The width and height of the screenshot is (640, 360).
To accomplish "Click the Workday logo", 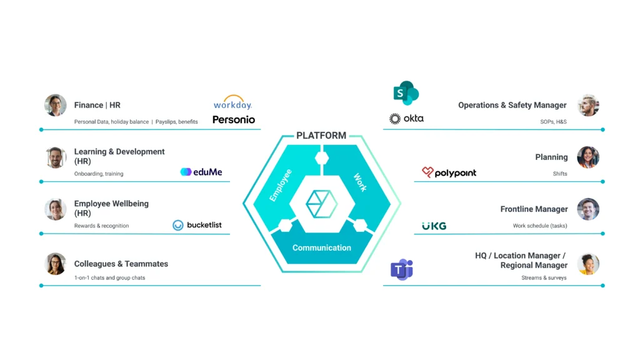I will click(x=232, y=103).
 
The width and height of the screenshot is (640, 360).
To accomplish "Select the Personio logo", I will click(x=234, y=119).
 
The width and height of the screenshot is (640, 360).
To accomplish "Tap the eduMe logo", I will click(x=201, y=172).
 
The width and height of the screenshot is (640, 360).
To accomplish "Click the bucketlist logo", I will click(x=197, y=225).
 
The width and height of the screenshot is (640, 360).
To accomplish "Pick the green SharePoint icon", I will click(x=406, y=93).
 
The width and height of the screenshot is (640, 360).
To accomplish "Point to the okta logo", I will click(x=406, y=118).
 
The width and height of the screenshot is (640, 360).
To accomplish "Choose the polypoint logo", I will click(x=449, y=172).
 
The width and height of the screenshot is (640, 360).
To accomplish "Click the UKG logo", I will click(x=434, y=226).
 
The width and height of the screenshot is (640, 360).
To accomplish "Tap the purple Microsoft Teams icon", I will click(x=401, y=269).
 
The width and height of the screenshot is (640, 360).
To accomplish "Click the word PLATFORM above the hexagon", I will click(x=321, y=136).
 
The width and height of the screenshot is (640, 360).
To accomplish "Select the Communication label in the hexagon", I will click(x=322, y=247).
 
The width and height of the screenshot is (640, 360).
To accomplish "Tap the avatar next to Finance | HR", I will click(x=56, y=105).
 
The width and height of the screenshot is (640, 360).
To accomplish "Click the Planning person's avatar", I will click(x=587, y=157).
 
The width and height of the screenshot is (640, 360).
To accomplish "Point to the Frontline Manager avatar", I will click(x=587, y=209).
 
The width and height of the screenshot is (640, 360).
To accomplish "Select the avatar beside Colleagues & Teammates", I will click(x=56, y=264).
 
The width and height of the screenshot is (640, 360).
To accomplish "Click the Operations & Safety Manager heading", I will click(x=512, y=105).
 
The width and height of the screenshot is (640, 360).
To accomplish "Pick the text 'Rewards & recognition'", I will click(x=101, y=226).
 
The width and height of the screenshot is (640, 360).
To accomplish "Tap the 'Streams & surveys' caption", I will click(x=544, y=277).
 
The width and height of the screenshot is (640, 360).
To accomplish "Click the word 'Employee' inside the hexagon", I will click(x=281, y=185).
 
